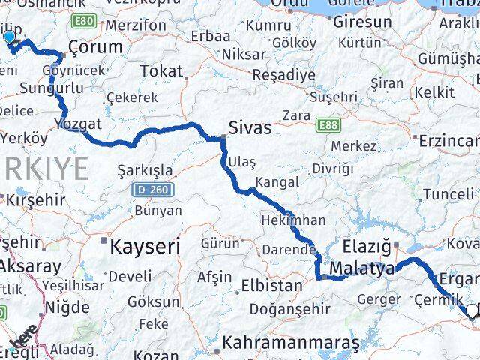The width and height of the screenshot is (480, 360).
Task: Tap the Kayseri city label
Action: pos(145,245)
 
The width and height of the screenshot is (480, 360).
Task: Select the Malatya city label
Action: pos(361,269)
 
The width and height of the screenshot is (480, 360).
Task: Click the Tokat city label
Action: pos(161,71)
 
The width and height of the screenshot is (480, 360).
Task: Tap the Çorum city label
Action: pos(94,47)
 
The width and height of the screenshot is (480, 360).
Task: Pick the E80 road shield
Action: pos(85,21)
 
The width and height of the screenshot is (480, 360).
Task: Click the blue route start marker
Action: pos(9,37)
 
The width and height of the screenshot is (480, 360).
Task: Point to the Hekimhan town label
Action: pos(292,220)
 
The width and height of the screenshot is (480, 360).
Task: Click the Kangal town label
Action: pos(277,182)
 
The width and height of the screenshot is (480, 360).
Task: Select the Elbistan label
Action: pos(271,286)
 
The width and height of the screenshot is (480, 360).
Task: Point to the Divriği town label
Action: pos(331,168)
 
